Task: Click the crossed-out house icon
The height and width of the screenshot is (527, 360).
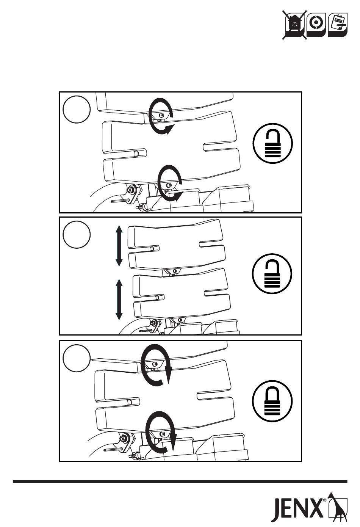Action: tap(294, 25)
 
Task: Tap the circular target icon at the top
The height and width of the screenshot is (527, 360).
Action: tap(316, 25)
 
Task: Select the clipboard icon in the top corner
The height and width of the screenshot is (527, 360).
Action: tap(338, 25)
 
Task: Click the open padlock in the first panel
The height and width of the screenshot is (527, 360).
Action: tap(272, 143)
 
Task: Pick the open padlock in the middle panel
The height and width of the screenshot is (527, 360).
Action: tap(272, 273)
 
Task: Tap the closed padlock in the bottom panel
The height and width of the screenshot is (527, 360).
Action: tap(272, 401)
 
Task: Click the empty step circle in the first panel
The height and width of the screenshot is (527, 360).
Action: tap(77, 109)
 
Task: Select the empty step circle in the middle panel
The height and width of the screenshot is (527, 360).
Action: tap(77, 234)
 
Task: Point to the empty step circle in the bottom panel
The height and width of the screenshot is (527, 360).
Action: tap(77, 358)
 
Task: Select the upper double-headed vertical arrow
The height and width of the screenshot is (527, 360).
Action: tap(119, 246)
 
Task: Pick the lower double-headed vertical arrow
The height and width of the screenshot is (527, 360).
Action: tap(119, 300)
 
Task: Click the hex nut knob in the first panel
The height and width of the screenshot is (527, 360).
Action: tap(130, 189)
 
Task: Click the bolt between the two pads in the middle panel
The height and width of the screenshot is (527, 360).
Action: tap(174, 271)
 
